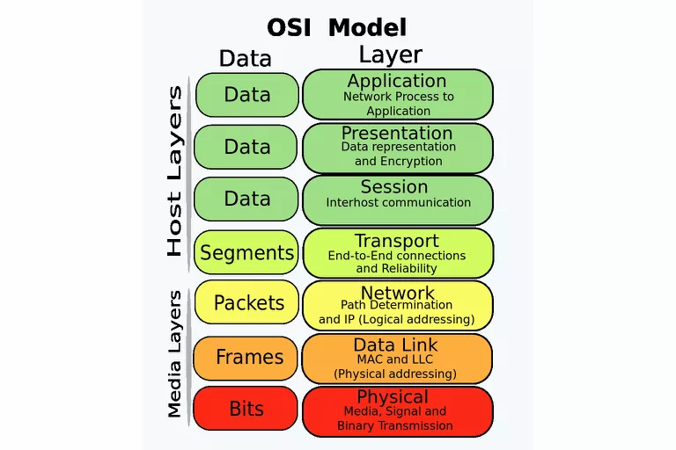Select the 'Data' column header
(x=246, y=58)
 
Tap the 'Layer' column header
(x=390, y=54)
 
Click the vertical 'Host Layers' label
(x=174, y=171)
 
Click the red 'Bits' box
(x=246, y=409)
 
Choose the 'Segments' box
(x=246, y=253)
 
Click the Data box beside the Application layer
(x=246, y=94)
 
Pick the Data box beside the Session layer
(x=246, y=199)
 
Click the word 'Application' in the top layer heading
(x=396, y=81)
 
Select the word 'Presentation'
(x=396, y=133)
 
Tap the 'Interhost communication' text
(x=398, y=202)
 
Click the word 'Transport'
(x=396, y=241)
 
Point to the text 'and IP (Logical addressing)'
(x=396, y=319)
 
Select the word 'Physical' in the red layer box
(x=393, y=396)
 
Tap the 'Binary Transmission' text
(x=394, y=425)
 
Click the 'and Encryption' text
(x=398, y=162)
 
